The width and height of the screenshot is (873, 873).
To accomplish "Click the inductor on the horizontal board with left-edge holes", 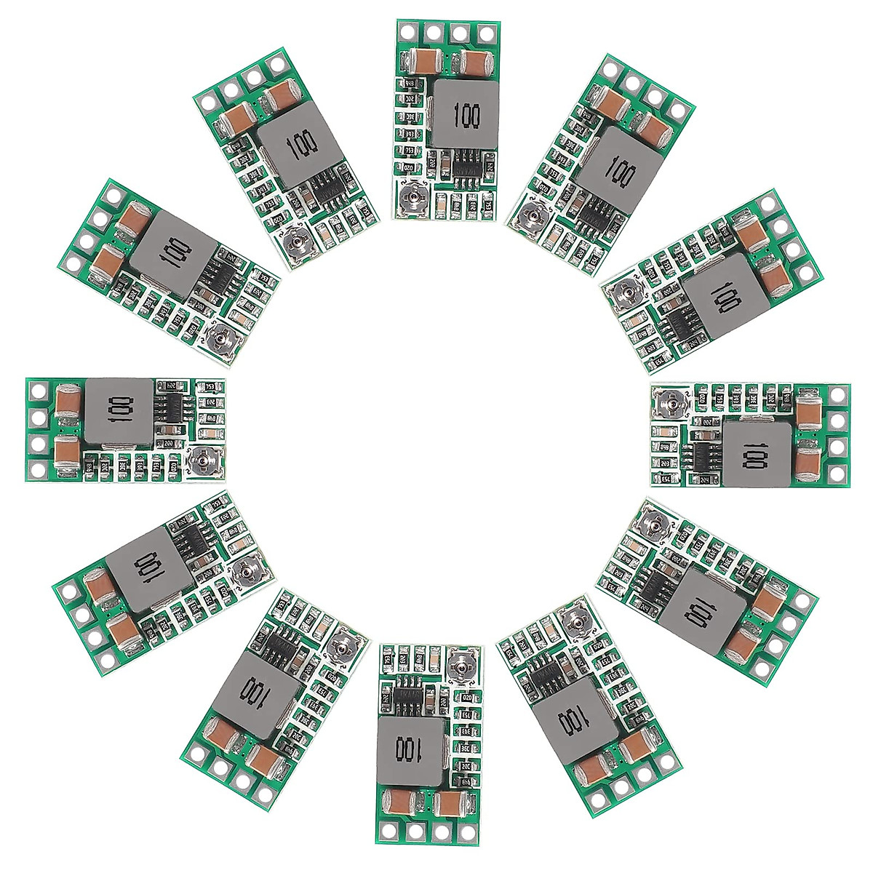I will coord(119,411).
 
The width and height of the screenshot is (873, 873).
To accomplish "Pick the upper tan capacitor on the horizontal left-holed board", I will coord(66,399).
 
